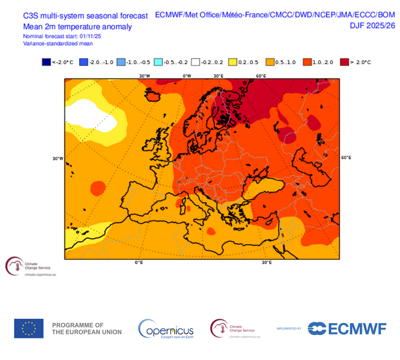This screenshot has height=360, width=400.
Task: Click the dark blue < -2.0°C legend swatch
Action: coord(46,62)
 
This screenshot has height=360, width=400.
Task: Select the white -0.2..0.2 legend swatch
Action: coord(195,62)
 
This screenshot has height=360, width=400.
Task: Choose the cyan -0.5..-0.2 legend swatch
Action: coord(158,62)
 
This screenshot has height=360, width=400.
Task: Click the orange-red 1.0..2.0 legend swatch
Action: coord(307,62)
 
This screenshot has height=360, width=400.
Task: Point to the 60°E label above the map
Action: coord(261,76)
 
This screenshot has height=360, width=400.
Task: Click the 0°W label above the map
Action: coord(187,76)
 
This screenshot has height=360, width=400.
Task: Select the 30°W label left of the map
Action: coord(58,158)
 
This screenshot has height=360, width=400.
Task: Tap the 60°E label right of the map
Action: coord(346,158)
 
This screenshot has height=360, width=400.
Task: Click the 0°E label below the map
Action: coord(139,263)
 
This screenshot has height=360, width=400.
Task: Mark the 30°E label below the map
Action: coord(266,263)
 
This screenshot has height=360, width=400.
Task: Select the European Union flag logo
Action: coord(29,328)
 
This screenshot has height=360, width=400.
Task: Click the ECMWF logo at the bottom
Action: coord(347,328)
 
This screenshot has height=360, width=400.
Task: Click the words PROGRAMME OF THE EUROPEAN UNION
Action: coord(87,328)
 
